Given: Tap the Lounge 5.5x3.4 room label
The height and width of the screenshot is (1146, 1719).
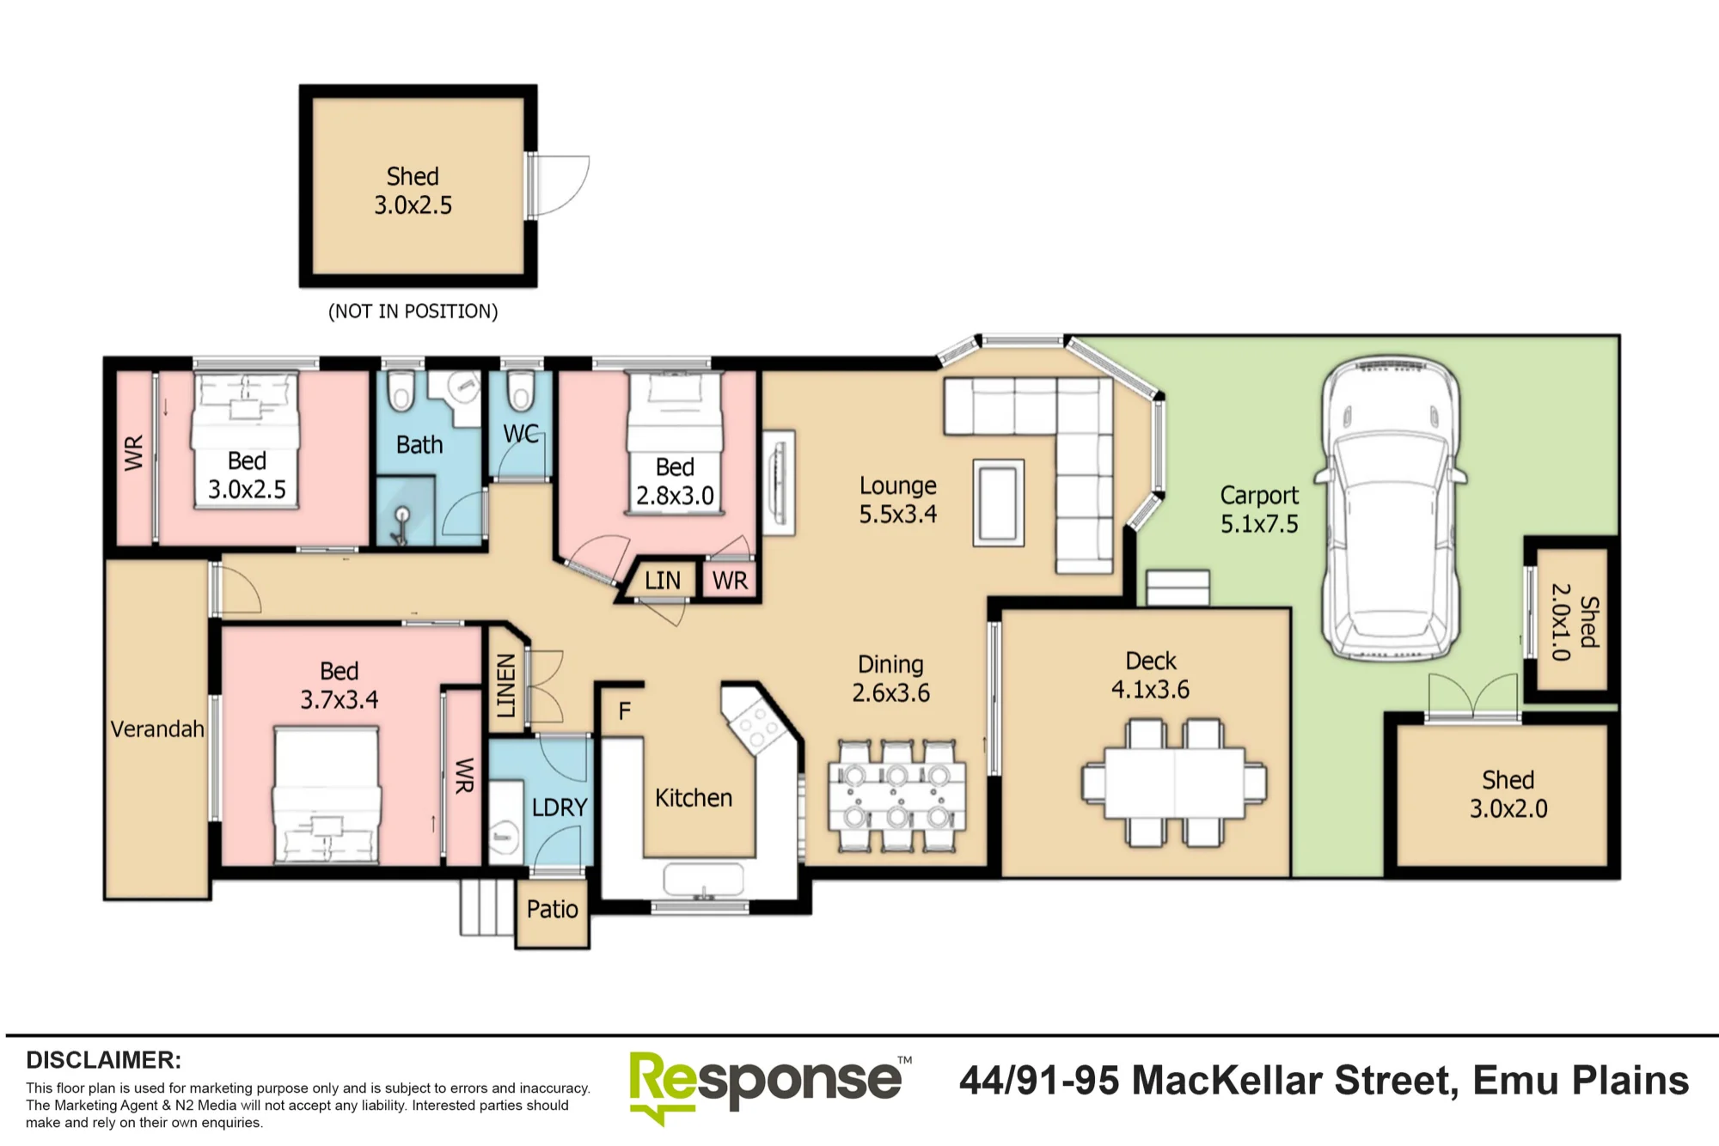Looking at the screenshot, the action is point(898,500).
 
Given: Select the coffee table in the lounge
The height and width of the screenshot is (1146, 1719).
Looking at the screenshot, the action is point(999,503).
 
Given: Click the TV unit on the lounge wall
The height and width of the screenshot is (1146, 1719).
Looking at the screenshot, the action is point(779,482).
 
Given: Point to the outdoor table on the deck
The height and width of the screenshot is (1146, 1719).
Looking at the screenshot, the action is point(1174,783).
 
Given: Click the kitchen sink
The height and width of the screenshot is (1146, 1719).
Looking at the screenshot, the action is point(704,881).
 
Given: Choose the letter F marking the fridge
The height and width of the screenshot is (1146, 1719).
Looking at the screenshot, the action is point(625,710).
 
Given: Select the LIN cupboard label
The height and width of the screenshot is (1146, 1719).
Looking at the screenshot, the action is point(663,581).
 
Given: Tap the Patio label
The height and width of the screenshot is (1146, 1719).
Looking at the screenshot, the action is point(553,909).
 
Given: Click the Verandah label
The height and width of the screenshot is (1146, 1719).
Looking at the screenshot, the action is point(157,729).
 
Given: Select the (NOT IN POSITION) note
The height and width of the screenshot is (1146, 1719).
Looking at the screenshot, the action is point(413,311).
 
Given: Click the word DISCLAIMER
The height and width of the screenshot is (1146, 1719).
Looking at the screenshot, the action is point(103,1060).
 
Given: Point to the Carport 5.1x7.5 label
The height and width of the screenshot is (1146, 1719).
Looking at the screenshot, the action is point(1259,509).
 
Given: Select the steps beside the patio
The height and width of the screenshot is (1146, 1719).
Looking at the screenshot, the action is point(487,907).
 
